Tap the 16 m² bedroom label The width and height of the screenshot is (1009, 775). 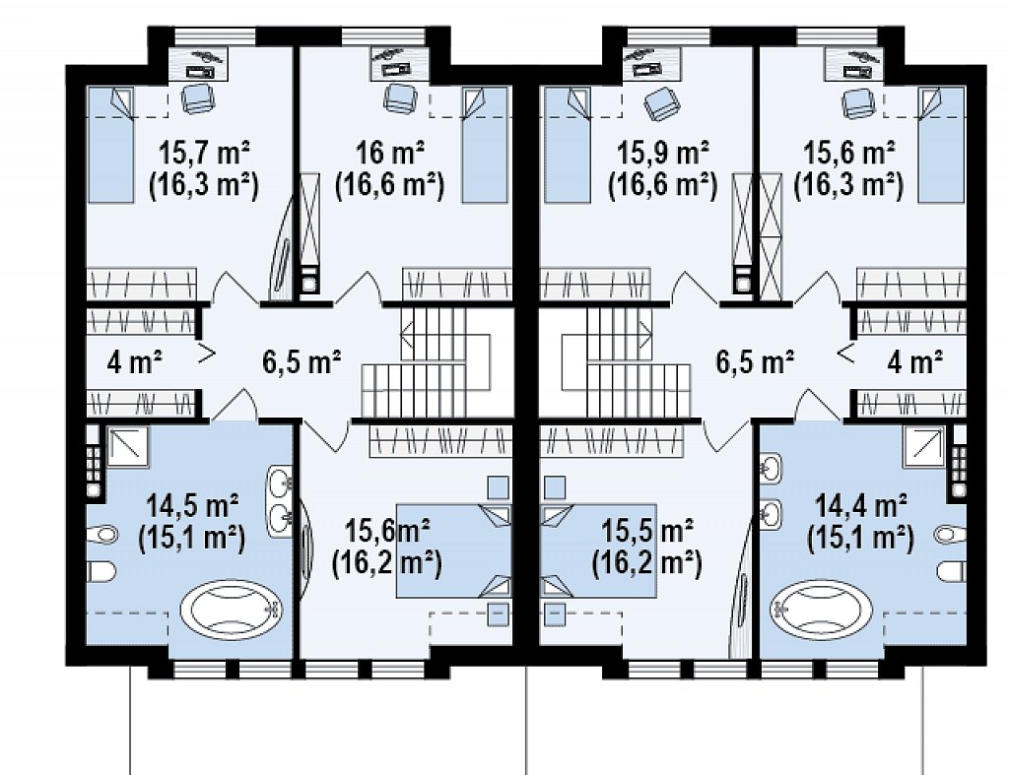(390, 153)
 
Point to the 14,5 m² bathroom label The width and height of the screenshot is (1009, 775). (192, 505)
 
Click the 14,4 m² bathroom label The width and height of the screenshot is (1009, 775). (861, 505)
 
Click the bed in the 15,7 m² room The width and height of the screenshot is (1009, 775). (110, 146)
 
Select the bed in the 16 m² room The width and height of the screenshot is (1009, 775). (485, 146)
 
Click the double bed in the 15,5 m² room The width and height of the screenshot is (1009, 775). (598, 551)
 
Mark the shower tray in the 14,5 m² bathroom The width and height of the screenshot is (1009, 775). (127, 446)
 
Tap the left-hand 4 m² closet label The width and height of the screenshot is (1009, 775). (134, 362)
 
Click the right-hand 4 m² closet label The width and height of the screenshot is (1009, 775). (915, 362)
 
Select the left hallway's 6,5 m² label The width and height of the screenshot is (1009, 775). (302, 361)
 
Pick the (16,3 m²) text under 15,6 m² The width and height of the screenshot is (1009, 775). (848, 185)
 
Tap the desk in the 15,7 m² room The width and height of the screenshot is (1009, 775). (201, 63)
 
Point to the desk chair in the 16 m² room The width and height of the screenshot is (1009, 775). (396, 98)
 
